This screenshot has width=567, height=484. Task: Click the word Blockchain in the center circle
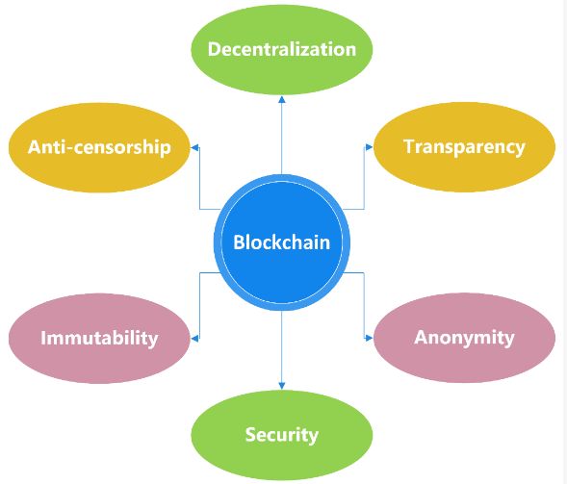281,242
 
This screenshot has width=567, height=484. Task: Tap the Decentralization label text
282,49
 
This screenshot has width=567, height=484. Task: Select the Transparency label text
464,146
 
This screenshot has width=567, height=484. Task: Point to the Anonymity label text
464,338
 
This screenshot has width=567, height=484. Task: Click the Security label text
281,434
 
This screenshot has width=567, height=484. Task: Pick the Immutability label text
99,338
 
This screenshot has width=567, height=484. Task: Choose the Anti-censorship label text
99,146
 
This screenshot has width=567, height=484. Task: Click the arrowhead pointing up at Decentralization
282,98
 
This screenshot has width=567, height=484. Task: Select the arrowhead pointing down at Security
282,386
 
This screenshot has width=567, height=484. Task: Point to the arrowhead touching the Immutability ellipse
195,337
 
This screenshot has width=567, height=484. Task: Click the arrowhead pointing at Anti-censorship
195,146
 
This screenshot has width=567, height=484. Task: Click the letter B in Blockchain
240,242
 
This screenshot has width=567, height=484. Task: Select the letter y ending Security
313,436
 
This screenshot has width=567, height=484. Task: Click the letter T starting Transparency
409,146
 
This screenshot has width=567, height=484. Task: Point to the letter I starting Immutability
43,338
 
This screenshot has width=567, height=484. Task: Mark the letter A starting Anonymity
421,338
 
